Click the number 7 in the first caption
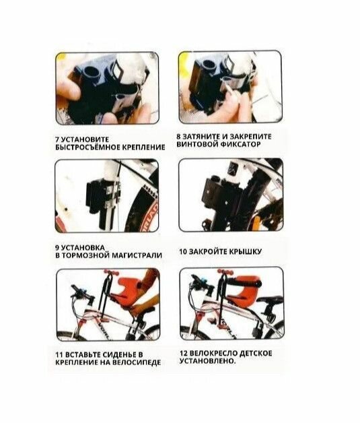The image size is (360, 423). pos(57,139)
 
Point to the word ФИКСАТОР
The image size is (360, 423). pos(241,144)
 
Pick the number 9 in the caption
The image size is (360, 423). pos(57,248)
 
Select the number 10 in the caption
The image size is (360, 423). pos(183,252)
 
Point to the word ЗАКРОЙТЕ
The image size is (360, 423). pos(208,252)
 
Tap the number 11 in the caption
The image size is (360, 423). pos(59,355)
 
